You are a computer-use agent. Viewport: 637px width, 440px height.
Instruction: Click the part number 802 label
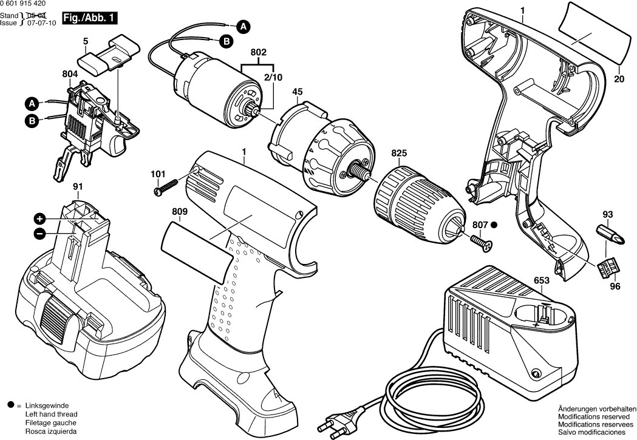tap(259, 53)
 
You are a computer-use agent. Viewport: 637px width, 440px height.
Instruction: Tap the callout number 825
tap(398, 154)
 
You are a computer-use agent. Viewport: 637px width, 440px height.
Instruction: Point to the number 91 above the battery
tap(78, 186)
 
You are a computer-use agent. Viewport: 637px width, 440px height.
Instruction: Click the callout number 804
tap(70, 75)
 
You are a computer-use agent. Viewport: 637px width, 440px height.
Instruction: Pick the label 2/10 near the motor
tap(273, 77)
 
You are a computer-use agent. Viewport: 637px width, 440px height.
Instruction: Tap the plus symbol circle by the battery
tap(39, 218)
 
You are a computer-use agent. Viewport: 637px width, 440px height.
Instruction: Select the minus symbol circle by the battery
tap(39, 232)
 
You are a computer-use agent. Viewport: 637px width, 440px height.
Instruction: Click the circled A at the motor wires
tap(242, 26)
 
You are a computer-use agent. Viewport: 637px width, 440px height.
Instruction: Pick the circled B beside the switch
tap(32, 121)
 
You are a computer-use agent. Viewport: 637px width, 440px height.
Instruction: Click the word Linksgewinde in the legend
tap(47, 405)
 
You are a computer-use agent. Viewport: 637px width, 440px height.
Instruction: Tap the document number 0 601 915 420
tap(27, 4)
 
